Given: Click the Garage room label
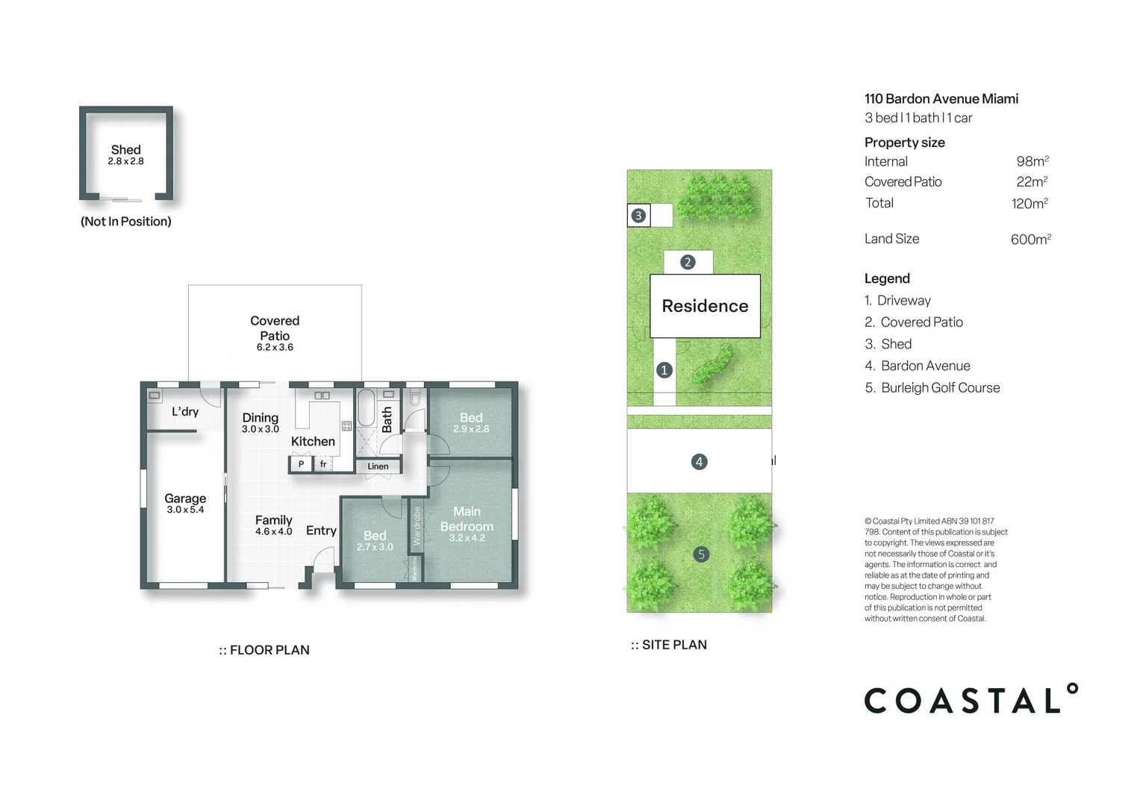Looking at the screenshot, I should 185,499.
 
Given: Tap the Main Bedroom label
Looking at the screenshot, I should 467,519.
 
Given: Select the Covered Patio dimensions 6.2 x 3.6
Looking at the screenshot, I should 275,348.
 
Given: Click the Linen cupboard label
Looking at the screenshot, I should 378,466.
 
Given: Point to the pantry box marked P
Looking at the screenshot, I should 301,464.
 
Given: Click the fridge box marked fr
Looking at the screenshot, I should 323,464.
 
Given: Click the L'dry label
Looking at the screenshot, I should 185,412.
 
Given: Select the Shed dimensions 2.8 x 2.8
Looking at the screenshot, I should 125,161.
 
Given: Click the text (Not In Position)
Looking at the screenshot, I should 125,222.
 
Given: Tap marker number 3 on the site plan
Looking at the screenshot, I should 638,216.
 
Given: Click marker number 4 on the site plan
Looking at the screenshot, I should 699,462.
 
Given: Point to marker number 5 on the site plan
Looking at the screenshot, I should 700,554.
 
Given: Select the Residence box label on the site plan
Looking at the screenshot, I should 705,306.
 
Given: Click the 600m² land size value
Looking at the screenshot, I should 1030,240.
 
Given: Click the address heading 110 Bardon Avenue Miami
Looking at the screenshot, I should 941,99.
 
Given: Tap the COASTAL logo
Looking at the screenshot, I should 970,699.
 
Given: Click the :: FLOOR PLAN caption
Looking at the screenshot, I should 264,650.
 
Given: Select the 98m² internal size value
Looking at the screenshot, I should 1032,161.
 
